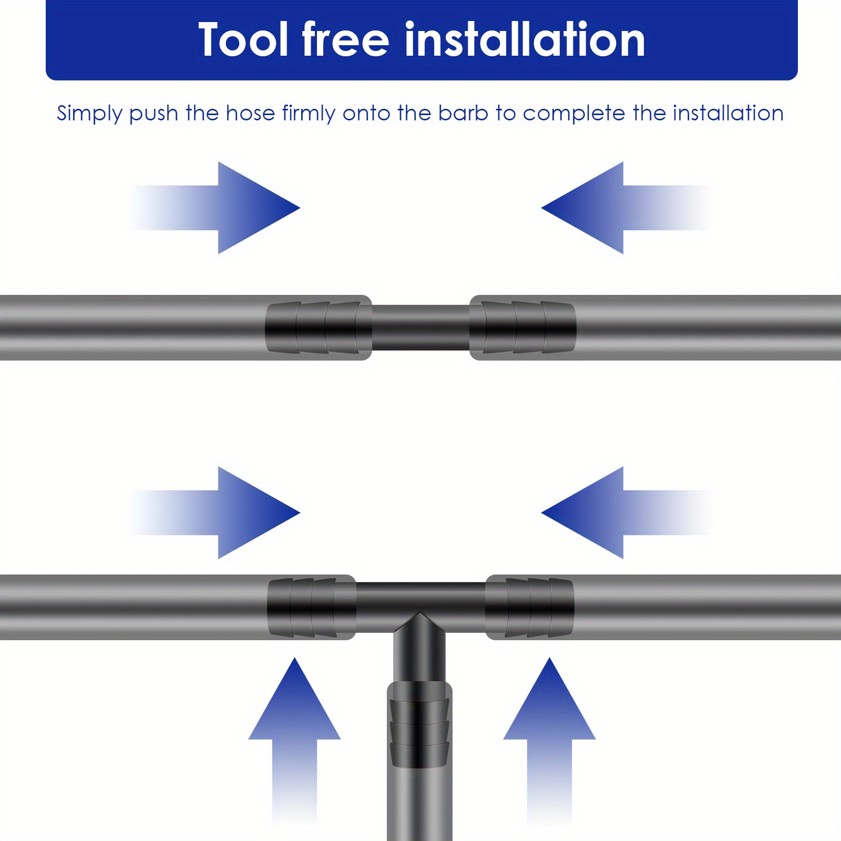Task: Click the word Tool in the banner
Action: pos(243,40)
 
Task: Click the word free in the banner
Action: pos(345,39)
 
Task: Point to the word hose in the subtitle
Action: pos(250,113)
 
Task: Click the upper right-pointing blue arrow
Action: pos(216,208)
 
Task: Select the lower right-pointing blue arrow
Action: pos(216,512)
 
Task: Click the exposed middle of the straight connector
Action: pos(420,327)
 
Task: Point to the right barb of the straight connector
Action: pos(522,327)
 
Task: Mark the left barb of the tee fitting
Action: pos(312,608)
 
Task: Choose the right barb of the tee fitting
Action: pos(529,608)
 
